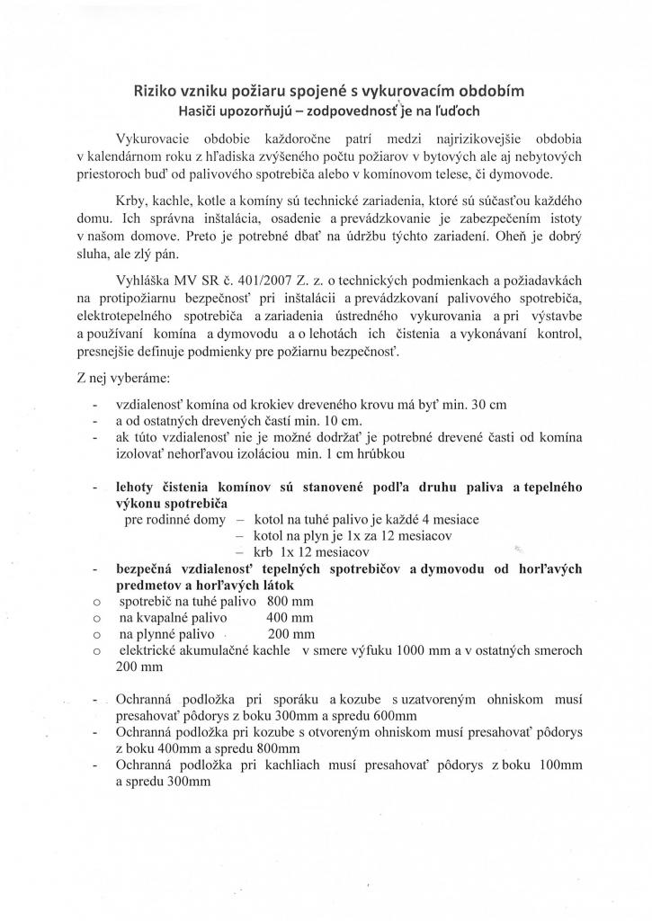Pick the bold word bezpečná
[147, 568]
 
